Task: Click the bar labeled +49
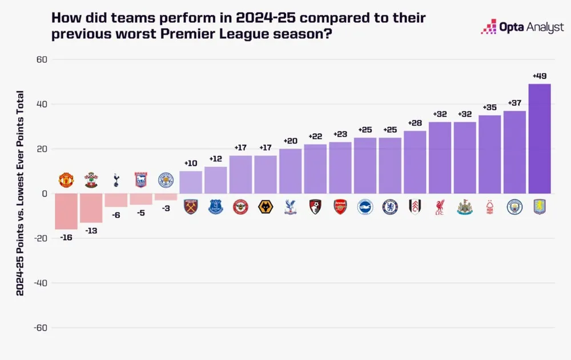point(540,139)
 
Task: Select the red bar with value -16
point(66,211)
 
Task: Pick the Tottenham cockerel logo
point(116,179)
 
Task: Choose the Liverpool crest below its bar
point(440,207)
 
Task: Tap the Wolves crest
point(265,207)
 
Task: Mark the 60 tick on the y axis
point(42,59)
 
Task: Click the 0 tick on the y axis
point(44,194)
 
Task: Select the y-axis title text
point(20,193)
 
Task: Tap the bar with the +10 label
point(191,182)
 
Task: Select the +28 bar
point(415,162)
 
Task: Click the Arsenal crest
point(340,207)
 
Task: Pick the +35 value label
point(490,107)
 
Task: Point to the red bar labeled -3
point(166,197)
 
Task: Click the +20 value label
point(290,141)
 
